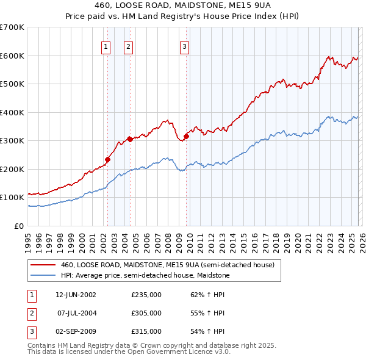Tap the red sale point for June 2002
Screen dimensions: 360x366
[x=107, y=159]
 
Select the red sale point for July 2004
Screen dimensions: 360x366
[x=130, y=139]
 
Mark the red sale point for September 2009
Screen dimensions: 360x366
[x=186, y=136]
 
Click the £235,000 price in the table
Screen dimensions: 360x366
[x=146, y=294]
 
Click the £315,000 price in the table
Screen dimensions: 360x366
[x=146, y=331]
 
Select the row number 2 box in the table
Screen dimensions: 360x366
[x=31, y=313]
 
